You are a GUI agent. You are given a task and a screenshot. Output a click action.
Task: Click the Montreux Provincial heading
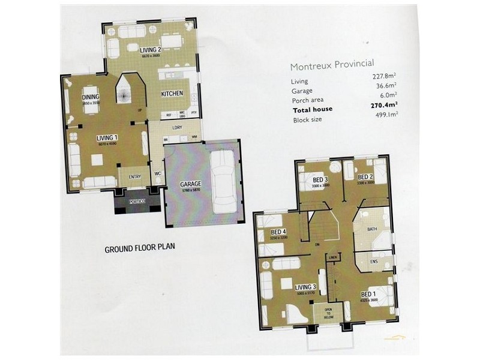point(332,64)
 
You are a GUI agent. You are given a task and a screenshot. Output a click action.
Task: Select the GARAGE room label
point(190,184)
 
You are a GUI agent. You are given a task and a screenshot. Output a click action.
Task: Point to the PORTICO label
point(137,202)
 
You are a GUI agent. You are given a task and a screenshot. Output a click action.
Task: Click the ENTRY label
point(134,176)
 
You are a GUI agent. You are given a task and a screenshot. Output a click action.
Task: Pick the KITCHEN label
point(172,94)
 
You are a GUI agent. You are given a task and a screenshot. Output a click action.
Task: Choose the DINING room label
point(91,97)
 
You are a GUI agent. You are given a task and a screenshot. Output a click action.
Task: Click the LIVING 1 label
point(107,137)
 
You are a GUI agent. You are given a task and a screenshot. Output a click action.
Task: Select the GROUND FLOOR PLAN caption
point(139,248)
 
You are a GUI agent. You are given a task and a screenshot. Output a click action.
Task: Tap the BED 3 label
point(320,179)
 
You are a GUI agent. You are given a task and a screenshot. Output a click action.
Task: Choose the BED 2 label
point(365,177)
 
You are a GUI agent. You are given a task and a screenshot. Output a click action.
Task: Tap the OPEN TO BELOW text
point(328,313)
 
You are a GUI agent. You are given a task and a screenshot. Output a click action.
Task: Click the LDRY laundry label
point(177,128)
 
